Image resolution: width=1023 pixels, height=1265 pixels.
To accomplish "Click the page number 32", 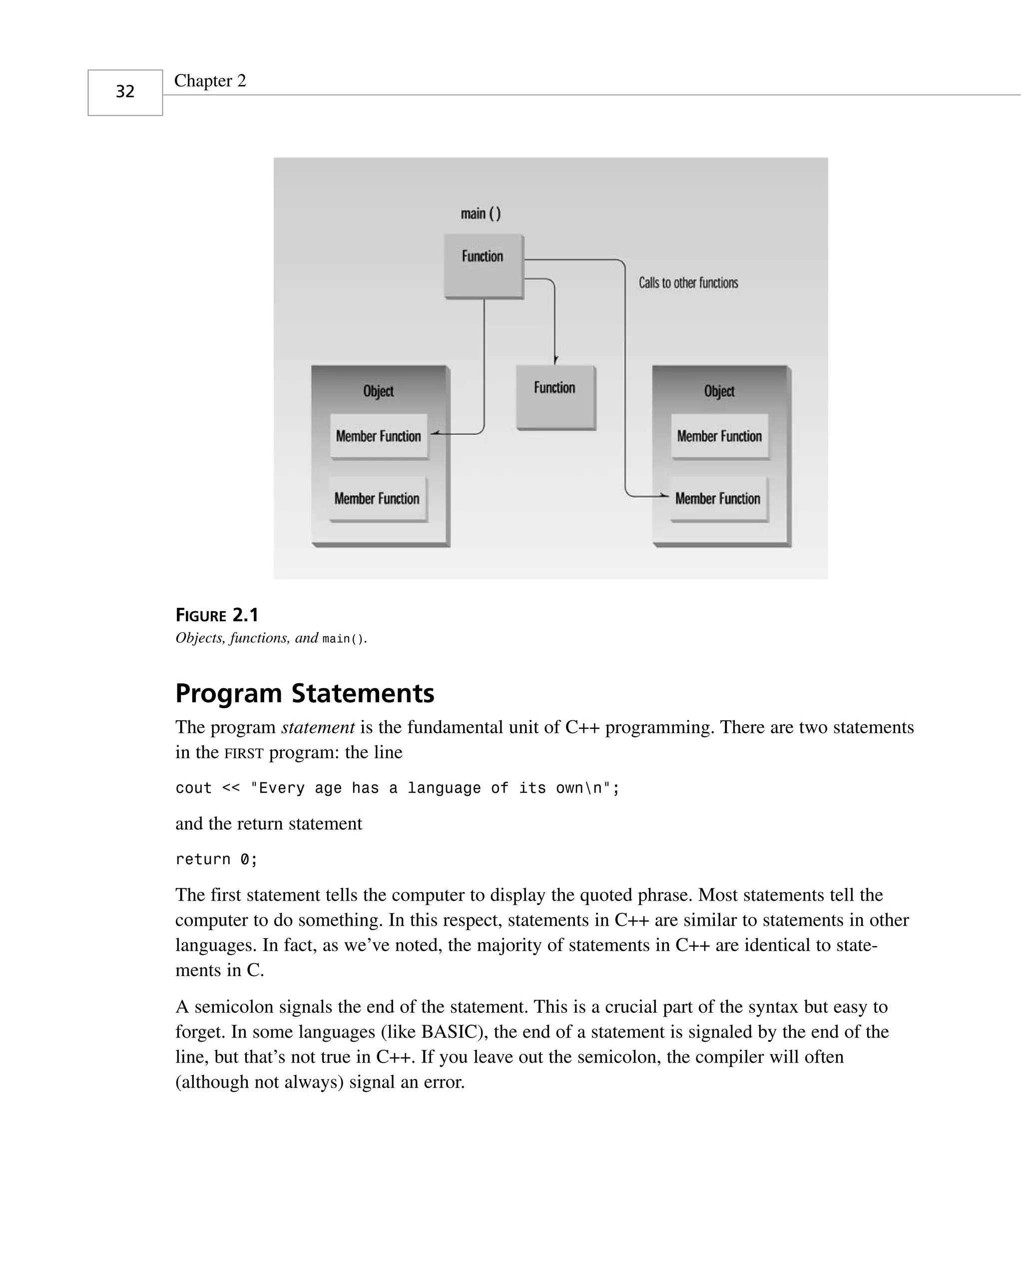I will pos(125,91).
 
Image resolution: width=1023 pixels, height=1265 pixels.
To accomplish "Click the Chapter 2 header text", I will pos(210,81).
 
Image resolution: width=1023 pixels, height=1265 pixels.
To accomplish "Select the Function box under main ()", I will pos(483,265).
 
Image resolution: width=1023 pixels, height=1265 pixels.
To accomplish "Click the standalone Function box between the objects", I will pos(555,396).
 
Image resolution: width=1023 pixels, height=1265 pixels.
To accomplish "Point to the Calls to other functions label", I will pos(688,283).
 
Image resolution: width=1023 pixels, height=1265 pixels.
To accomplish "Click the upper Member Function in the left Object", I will pos(378,436).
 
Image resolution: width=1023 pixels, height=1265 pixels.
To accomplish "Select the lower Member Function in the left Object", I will pos(377,499).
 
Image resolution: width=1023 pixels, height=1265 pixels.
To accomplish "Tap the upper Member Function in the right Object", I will pos(719,436).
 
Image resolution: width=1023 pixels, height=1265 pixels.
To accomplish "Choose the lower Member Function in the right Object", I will pos(718,499).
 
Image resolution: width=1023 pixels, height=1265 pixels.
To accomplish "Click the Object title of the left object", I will pos(378,391).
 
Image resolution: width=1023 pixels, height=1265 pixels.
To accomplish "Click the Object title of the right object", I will pos(719,391).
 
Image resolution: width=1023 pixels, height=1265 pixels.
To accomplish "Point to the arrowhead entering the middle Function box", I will pos(555,359).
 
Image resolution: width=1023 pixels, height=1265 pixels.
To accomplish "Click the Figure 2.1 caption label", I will pos(217,615).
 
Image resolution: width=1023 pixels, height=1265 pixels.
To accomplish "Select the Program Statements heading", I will pos(305,693).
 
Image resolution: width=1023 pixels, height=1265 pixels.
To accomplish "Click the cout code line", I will pos(397,788).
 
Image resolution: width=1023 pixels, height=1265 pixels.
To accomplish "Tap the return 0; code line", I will pos(216,860).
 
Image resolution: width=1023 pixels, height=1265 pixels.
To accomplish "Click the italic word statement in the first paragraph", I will pos(318,727).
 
